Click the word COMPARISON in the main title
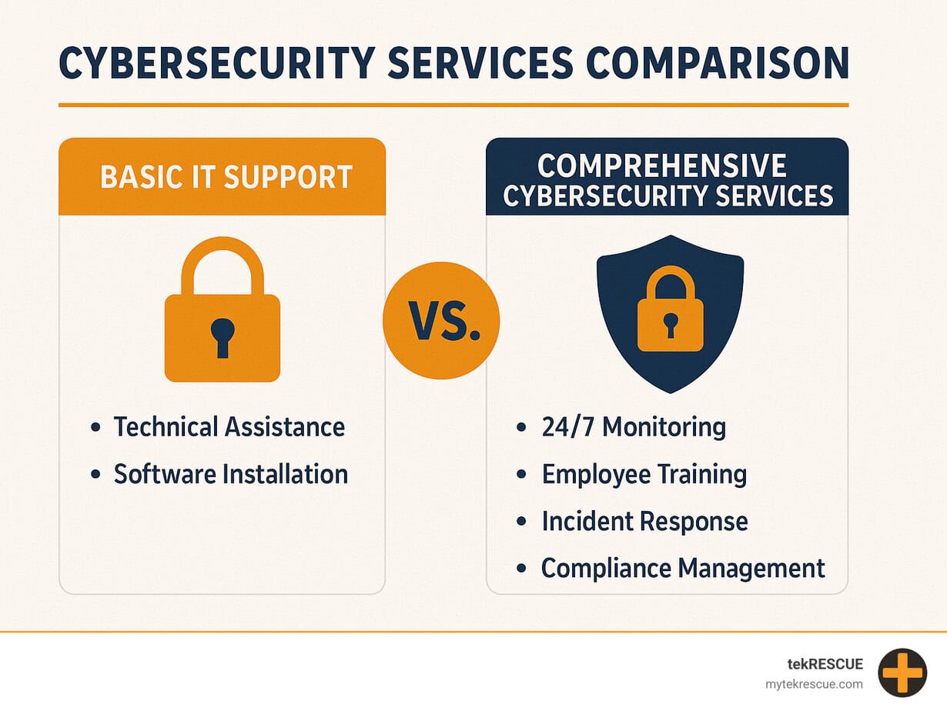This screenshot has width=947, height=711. (717, 63)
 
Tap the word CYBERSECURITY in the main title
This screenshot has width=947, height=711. (216, 63)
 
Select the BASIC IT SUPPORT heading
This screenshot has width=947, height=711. (226, 177)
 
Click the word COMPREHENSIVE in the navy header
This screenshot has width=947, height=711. (662, 165)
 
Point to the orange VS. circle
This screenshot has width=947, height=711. (441, 321)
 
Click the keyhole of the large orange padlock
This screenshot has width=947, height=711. (223, 338)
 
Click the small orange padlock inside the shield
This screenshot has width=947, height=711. (670, 309)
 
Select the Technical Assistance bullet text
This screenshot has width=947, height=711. (229, 427)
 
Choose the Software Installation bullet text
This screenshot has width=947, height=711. (231, 474)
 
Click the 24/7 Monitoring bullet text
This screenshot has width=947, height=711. (634, 427)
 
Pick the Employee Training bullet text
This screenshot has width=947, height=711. (644, 475)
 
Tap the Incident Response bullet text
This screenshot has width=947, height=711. (644, 521)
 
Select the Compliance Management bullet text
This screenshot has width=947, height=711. (683, 569)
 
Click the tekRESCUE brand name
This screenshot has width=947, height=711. (825, 664)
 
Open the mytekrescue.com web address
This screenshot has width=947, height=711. (814, 684)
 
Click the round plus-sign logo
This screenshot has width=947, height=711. (902, 673)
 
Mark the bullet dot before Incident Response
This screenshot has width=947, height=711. (521, 521)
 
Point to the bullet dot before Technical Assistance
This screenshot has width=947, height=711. (95, 427)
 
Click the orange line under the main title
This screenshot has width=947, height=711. (453, 105)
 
